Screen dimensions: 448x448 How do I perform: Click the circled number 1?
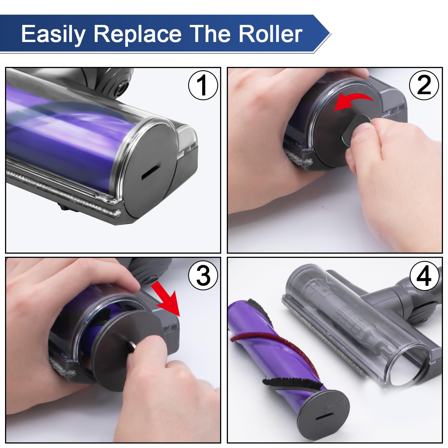pyautogui.click(x=203, y=85)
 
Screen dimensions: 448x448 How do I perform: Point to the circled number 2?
pyautogui.click(x=424, y=85)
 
